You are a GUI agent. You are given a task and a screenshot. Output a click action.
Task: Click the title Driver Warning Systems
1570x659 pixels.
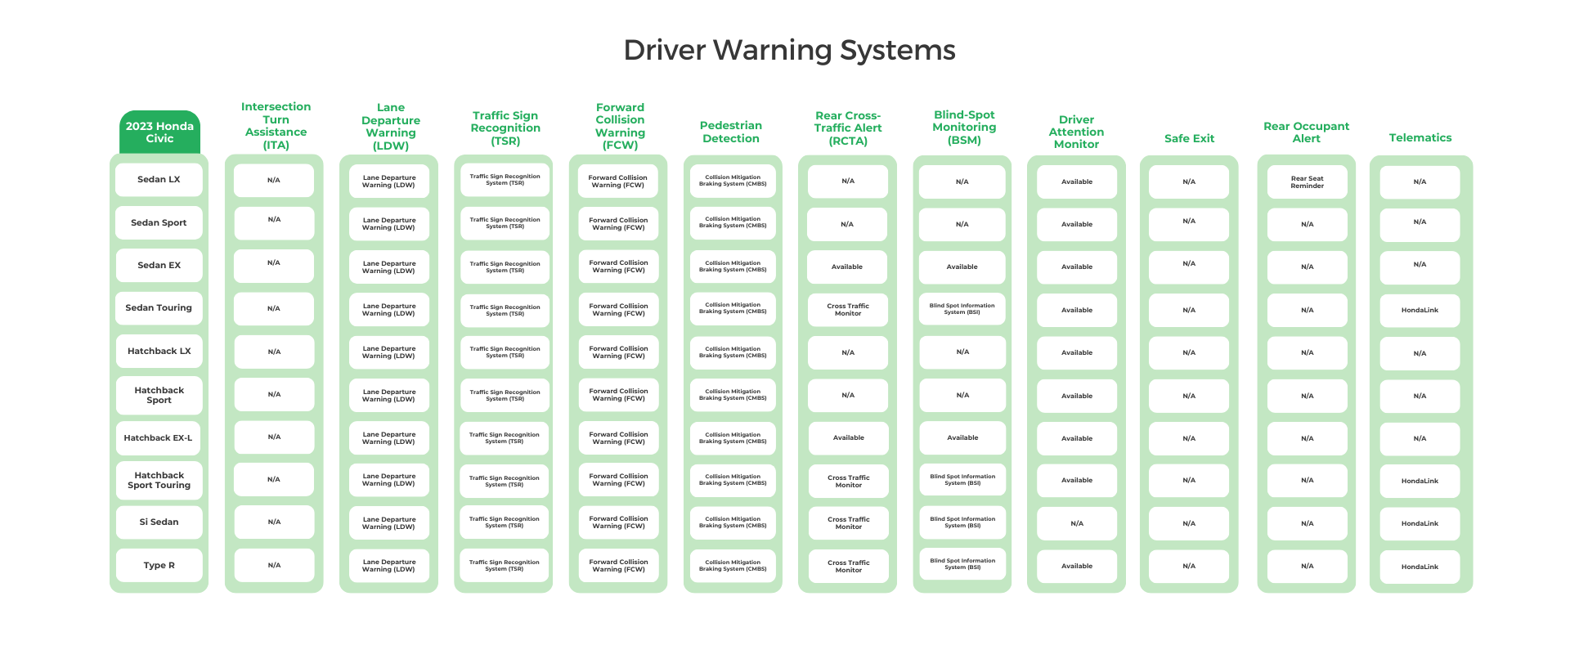tap(789, 51)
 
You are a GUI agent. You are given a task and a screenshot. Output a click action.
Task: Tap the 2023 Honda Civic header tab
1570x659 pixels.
tap(159, 132)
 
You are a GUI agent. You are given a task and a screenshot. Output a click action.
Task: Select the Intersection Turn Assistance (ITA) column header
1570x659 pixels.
tap(276, 126)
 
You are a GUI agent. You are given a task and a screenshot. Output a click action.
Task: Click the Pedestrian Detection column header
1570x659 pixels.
tap(731, 132)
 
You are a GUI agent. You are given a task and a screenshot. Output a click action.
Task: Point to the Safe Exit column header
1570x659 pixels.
tap(1189, 139)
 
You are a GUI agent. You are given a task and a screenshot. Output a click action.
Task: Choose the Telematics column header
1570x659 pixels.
tap(1420, 138)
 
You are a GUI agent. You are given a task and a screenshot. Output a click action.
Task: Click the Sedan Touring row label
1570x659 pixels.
tap(159, 308)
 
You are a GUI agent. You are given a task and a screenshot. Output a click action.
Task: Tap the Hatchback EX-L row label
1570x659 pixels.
tap(159, 438)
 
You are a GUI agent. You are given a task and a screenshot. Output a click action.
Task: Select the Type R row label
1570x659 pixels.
tap(159, 566)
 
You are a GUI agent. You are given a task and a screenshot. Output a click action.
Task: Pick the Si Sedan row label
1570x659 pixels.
tap(159, 522)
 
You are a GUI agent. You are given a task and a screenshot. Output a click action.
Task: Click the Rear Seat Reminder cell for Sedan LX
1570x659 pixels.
tap(1307, 182)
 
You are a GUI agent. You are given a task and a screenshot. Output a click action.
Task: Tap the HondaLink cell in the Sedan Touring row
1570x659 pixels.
tap(1420, 311)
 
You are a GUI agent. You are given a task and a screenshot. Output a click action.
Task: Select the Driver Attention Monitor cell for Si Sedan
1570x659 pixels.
tap(1076, 524)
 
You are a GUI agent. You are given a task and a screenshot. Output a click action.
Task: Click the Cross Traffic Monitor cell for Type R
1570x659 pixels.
tap(848, 567)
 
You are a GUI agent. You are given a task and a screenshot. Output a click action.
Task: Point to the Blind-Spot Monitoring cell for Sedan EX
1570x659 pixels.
tap(962, 267)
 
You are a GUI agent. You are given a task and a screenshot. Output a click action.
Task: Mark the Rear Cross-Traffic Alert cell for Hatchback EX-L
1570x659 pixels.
tap(848, 438)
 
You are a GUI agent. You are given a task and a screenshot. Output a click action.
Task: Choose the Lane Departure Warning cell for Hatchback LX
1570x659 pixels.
tap(388, 352)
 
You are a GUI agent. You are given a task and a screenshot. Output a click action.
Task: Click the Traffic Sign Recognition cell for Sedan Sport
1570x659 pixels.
tap(505, 223)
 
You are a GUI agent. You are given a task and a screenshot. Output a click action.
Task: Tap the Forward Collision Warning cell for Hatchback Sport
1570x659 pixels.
tap(618, 395)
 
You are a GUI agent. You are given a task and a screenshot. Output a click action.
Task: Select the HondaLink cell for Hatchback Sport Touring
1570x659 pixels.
tap(1420, 482)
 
